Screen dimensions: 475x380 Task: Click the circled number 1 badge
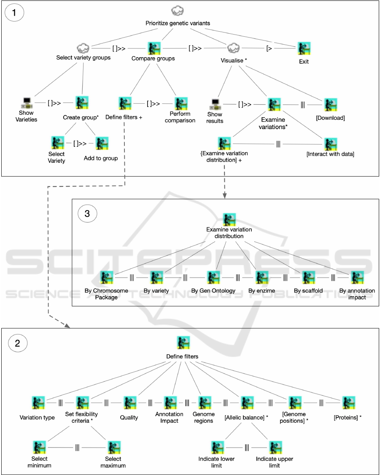(14, 13)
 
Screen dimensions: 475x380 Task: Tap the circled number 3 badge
(87, 213)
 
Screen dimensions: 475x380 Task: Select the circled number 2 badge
(17, 343)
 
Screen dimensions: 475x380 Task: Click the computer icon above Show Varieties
(27, 103)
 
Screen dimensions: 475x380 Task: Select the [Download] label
(330, 118)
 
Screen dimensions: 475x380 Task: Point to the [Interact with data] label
(330, 154)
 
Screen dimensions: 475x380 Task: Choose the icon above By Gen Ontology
(213, 278)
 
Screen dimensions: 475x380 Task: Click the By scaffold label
(309, 291)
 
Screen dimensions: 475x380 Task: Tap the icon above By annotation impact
(357, 278)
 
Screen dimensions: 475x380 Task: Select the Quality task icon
(129, 403)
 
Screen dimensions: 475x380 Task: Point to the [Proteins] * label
(348, 418)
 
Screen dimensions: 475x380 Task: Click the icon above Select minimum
(40, 447)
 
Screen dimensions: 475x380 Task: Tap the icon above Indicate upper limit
(275, 447)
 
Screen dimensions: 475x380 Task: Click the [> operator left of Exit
(269, 48)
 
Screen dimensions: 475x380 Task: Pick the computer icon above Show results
(215, 103)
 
